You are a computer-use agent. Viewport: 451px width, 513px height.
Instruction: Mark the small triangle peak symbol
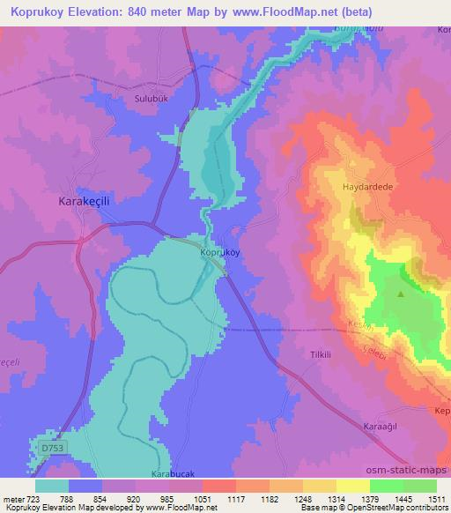tap(401, 295)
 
